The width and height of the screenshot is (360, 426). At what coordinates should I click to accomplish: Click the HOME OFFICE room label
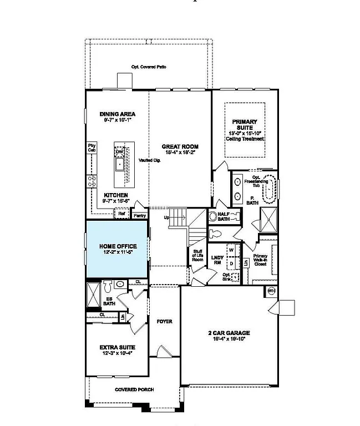tap(118, 246)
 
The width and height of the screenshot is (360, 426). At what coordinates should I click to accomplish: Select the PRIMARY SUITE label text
tap(244, 124)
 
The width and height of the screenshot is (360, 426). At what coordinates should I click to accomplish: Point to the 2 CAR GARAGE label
tap(229, 333)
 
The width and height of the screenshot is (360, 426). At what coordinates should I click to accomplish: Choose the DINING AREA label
tap(118, 114)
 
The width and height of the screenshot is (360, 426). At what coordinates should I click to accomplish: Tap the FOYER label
tap(164, 322)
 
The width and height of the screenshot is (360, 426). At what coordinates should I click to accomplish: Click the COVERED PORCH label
tap(134, 389)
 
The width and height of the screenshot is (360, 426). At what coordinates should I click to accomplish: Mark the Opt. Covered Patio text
tap(149, 67)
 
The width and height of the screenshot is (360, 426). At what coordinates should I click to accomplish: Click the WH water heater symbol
tap(272, 291)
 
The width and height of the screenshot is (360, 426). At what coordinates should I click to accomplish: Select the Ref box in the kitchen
tap(121, 214)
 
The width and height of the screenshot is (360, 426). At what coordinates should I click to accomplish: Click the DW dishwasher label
tap(119, 151)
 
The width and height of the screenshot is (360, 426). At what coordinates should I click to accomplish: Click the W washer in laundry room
tap(231, 250)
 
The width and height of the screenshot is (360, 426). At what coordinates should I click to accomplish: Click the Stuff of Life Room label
tap(197, 256)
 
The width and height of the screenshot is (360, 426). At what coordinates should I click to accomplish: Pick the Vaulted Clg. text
tap(149, 160)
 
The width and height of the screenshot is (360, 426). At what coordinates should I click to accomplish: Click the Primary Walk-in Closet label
tap(260, 260)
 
